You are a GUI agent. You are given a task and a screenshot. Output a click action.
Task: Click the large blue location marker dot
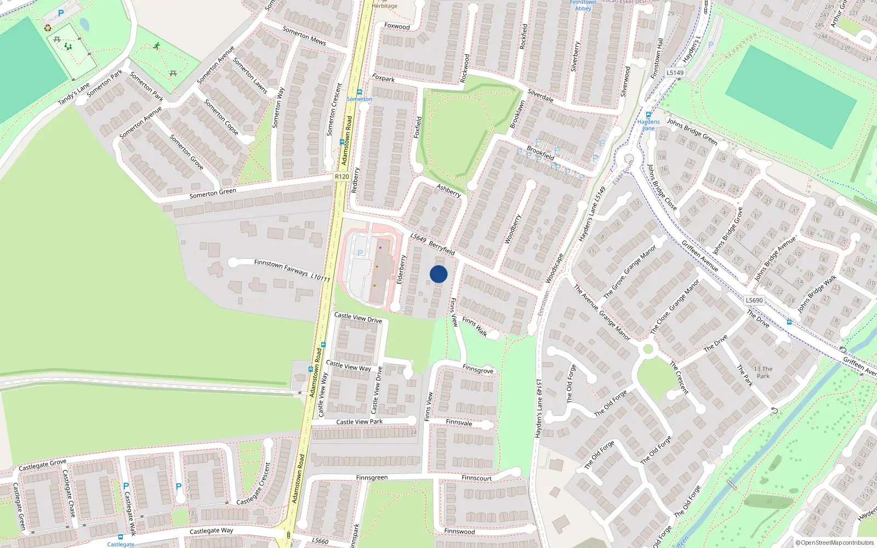coord(438,274)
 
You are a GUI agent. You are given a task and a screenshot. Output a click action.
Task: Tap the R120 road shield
coord(342,176)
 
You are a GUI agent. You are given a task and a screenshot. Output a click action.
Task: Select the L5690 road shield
coord(754,300)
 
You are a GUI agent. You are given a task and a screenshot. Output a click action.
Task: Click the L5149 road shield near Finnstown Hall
coord(675,72)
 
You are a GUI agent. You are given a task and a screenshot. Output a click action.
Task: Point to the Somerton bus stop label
coord(359,99)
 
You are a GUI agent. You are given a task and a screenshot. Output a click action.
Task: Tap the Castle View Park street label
coord(360,422)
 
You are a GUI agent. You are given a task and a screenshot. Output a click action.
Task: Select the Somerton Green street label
coord(213,193)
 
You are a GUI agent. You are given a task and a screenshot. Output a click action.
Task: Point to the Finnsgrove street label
coord(478,369)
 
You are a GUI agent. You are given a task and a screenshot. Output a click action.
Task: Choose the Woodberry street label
coord(512,229)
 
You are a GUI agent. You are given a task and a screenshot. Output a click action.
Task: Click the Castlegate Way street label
coord(211,531)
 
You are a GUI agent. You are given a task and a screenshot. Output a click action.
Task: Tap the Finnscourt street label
coord(476,478)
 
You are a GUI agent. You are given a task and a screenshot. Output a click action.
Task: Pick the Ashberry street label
coord(448,190)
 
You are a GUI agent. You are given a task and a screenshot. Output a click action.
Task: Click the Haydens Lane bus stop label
coord(648,125)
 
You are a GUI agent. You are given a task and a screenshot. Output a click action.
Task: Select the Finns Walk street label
coord(475,327)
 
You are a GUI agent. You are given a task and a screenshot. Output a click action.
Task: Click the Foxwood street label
coord(397,26)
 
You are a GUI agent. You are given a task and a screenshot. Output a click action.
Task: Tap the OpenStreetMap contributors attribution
coord(834,543)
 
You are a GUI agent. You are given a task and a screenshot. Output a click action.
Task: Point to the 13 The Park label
coord(763,373)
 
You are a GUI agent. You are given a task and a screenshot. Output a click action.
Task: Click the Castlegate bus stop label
coord(121,544)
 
